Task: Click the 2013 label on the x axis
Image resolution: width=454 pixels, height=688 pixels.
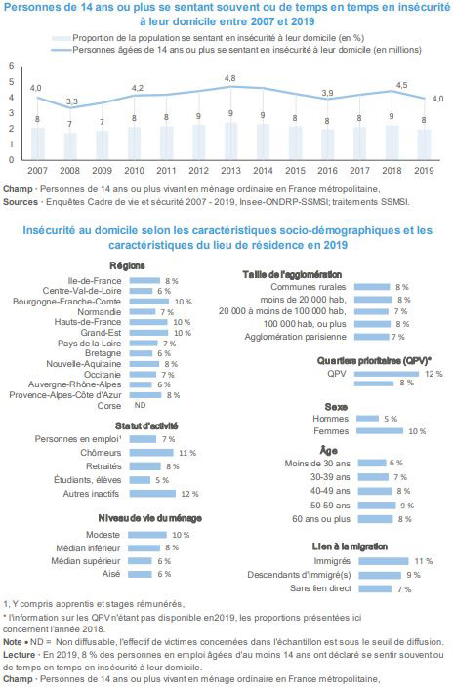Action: (230, 170)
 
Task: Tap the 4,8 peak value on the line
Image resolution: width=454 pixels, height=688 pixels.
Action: (229, 78)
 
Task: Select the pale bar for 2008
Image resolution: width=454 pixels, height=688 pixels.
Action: (69, 146)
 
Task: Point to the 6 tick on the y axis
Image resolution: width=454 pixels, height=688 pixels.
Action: (12, 66)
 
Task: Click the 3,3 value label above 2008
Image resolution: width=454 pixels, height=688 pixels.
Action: (72, 101)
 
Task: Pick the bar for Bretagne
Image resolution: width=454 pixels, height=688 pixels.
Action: (141, 353)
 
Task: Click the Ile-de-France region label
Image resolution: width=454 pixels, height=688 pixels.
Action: (95, 280)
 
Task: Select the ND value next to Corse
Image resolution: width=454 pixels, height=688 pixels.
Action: (140, 405)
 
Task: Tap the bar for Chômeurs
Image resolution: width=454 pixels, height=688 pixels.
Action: (151, 453)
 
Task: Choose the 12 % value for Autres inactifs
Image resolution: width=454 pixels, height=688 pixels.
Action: (189, 494)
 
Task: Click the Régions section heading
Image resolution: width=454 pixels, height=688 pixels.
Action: (127, 265)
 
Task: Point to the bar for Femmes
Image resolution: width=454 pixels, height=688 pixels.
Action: (380, 431)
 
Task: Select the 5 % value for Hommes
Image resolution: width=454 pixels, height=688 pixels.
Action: (391, 419)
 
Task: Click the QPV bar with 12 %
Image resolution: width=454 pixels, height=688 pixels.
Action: (387, 374)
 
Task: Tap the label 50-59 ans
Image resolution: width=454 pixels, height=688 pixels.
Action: (330, 506)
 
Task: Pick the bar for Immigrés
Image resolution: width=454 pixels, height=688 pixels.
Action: (384, 561)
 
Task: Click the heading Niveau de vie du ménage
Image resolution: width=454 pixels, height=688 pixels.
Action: (149, 518)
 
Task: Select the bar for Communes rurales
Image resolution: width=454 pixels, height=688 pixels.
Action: (372, 287)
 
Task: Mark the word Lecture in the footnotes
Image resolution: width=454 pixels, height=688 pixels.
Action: (19, 655)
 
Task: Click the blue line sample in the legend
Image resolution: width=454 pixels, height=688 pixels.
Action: (62, 50)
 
